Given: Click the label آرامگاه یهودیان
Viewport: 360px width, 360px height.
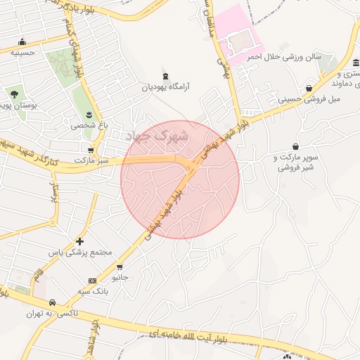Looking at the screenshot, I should tap(167, 87).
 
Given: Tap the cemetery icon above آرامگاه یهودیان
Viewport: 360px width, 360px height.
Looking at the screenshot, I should tap(166, 76).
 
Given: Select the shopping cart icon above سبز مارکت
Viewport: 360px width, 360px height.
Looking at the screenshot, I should tap(91, 150).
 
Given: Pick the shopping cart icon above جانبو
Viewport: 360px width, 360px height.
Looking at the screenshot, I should tap(120, 267).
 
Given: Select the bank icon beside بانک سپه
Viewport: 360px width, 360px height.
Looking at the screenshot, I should tap(93, 281).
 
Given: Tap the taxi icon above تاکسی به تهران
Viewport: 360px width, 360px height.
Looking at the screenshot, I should tap(51, 303).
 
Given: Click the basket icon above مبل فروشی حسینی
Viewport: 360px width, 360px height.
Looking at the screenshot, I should tap(309, 88).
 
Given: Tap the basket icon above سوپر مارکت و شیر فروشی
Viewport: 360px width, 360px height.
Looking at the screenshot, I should tap(296, 146).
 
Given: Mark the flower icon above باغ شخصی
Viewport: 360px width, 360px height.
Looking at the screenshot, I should tap(89, 114).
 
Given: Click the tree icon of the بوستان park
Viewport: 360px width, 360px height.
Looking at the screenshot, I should tap(14, 94).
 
